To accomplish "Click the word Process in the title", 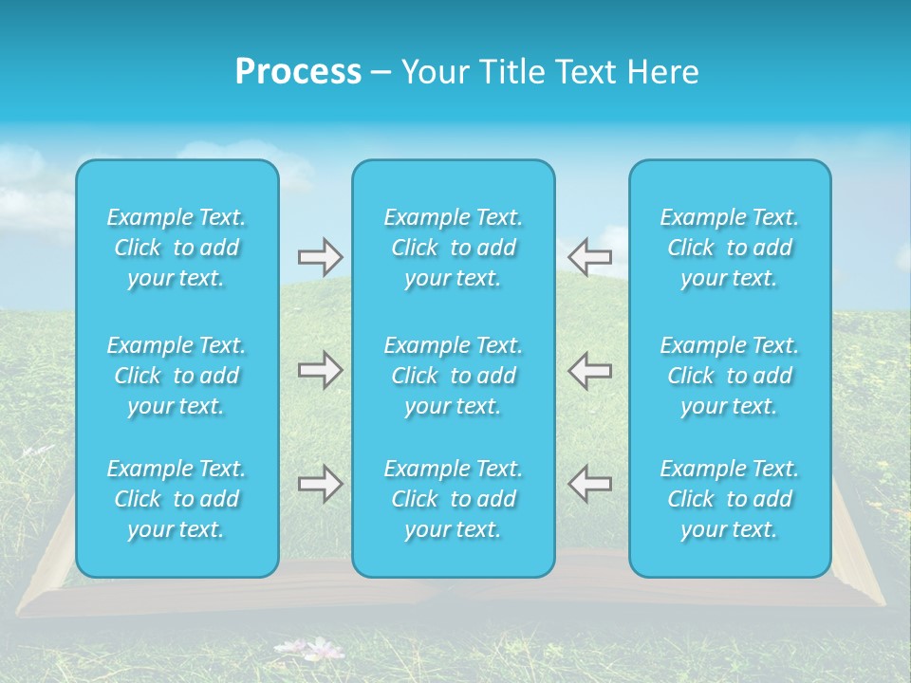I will click(x=298, y=72).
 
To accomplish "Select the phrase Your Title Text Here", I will click(x=549, y=72).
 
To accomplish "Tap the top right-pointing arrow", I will click(x=320, y=256).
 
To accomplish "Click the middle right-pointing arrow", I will click(x=320, y=370).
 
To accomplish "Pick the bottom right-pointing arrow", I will click(x=320, y=484).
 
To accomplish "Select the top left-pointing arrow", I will click(x=589, y=256).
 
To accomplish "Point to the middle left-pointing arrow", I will click(x=589, y=370).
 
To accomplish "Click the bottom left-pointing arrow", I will click(x=589, y=484).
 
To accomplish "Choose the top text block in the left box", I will click(x=177, y=248).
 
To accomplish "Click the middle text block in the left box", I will click(x=177, y=376).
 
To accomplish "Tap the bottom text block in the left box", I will click(x=177, y=499).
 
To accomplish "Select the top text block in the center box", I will click(x=454, y=248).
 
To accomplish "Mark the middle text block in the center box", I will click(x=454, y=376).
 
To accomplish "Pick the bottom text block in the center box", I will click(x=454, y=499).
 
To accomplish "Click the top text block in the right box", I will click(x=730, y=248).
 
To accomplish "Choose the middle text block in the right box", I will click(x=730, y=376).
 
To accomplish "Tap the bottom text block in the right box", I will click(x=730, y=499).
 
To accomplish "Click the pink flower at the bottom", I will click(x=325, y=649).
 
